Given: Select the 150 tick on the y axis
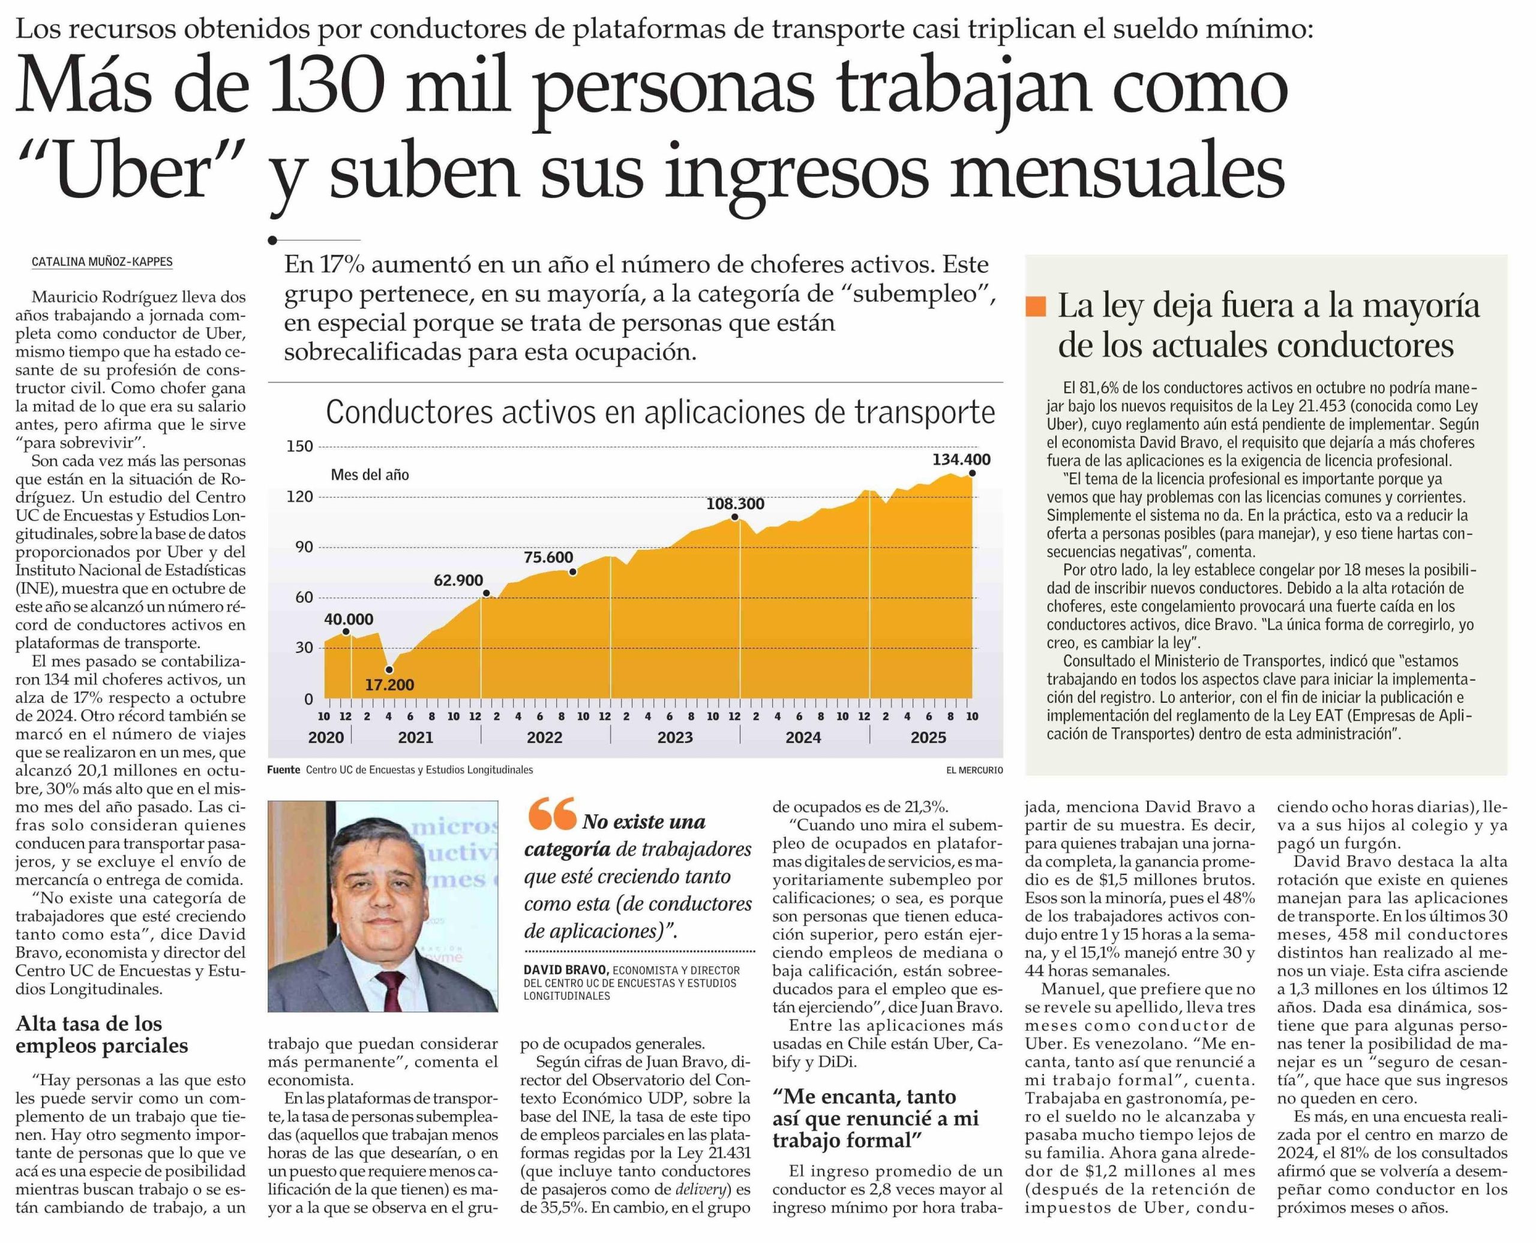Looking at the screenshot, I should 299,447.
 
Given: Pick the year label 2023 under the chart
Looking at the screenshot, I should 675,738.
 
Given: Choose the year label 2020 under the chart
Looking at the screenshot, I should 326,738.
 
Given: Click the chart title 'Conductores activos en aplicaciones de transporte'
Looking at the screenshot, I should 660,413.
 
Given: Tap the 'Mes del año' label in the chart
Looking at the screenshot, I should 370,475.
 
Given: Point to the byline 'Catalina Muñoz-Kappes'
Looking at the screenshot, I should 102,262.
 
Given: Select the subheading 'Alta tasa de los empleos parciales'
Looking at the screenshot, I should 102,1035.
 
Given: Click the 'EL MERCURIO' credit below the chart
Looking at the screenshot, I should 974,771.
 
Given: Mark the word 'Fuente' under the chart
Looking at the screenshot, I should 283,771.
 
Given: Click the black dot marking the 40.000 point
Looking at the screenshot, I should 346,631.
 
